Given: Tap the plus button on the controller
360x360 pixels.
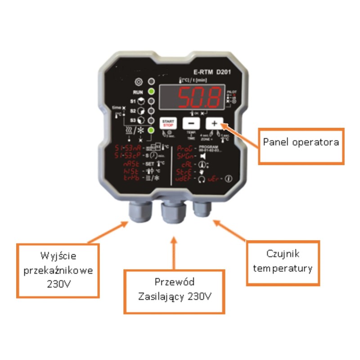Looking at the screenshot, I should (x=215, y=123).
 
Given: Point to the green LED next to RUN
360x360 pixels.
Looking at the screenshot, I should (x=153, y=91).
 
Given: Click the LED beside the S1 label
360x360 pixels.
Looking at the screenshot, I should (x=153, y=101).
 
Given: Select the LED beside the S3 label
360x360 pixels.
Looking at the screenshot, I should (x=153, y=120).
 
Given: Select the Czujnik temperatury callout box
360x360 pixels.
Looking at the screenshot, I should (x=283, y=262).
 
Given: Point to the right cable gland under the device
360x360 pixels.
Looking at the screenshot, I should (x=202, y=208).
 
